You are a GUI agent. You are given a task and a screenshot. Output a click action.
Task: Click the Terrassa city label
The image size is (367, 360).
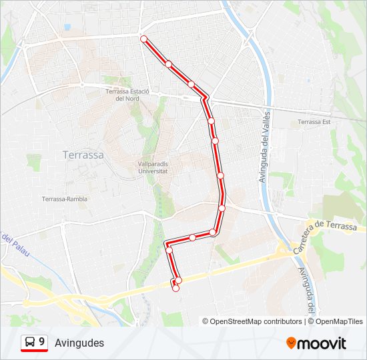pyautogui.click(x=83, y=154)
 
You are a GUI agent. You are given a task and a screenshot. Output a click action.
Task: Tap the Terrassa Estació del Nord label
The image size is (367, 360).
pyautogui.click(x=126, y=95)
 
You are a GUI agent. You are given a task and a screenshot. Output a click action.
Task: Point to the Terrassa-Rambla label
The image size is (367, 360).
pyautogui.click(x=65, y=199)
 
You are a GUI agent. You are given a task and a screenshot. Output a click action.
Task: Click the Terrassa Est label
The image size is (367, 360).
pyautogui.click(x=314, y=122)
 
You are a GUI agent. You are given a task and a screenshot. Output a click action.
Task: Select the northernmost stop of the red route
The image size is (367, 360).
pyautogui.click(x=143, y=39)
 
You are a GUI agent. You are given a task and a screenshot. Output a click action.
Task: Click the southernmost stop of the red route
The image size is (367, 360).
pyautogui.click(x=175, y=289)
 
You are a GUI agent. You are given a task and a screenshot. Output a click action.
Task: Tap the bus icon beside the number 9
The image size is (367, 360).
pyautogui.click(x=29, y=343)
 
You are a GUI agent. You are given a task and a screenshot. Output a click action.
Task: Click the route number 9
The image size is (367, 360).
pyautogui.click(x=42, y=342)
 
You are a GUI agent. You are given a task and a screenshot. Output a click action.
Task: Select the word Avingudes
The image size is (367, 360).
pyautogui.click(x=79, y=343)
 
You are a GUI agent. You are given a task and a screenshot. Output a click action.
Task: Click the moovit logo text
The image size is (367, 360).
pyautogui.click(x=322, y=343)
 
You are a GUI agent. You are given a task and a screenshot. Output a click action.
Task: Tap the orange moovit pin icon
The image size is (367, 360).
pyautogui.click(x=292, y=343)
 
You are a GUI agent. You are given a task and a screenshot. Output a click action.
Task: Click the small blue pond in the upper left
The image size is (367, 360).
pyautogui.click(x=67, y=27)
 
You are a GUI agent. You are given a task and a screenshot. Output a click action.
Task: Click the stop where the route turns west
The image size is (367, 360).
pyautogui.click(x=213, y=232)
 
